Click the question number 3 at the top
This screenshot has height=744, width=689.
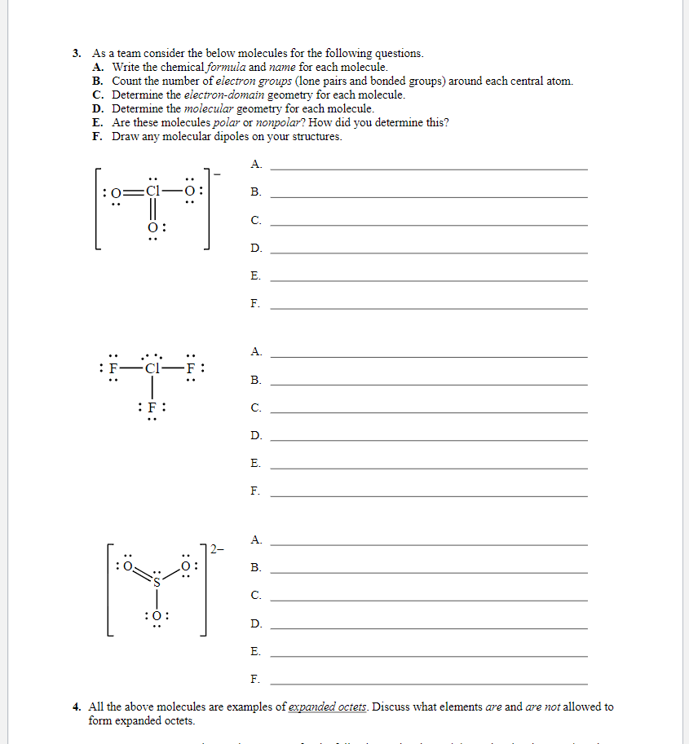76,53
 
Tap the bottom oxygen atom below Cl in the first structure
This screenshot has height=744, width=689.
152,227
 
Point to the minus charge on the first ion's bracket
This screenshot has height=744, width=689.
216,171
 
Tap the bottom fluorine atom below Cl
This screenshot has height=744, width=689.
152,407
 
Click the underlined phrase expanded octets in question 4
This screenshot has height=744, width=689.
329,707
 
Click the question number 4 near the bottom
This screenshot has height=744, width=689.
76,707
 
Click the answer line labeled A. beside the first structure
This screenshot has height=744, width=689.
428,168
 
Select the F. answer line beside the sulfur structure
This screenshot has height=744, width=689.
428,682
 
